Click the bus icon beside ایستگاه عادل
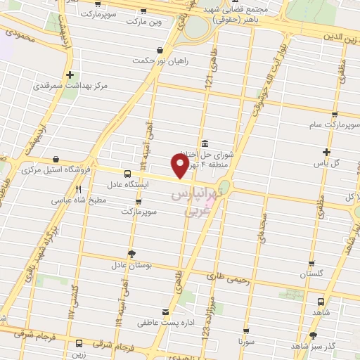coord(127,173)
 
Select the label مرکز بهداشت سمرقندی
coord(70,86)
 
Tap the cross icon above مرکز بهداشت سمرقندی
coord(70,74)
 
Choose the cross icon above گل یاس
coord(326,152)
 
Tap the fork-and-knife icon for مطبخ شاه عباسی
coord(78,188)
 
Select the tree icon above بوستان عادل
coord(131,254)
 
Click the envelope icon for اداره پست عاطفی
coord(166,311)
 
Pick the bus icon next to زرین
coord(78,344)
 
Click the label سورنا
coord(245,341)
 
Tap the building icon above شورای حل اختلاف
coord(204,143)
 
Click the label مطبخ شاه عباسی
coord(78,200)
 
